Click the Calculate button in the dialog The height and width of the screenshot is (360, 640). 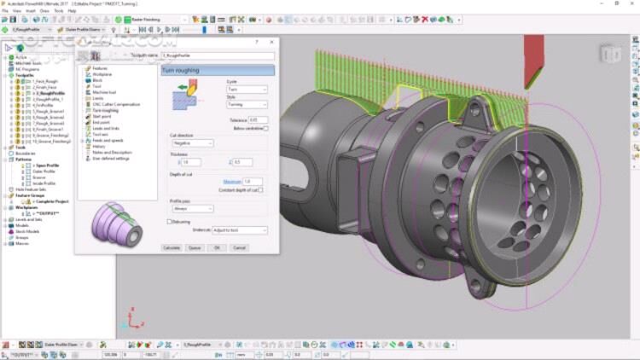pyautogui.click(x=171, y=247)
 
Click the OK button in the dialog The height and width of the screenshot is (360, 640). pyautogui.click(x=217, y=247)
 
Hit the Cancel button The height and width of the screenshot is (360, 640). pyautogui.click(x=239, y=247)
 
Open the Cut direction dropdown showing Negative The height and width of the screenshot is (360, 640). pyautogui.click(x=192, y=143)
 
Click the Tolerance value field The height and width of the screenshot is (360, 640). pyautogui.click(x=259, y=120)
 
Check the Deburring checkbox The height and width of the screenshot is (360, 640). pyautogui.click(x=169, y=221)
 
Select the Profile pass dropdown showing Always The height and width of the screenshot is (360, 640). pyautogui.click(x=192, y=208)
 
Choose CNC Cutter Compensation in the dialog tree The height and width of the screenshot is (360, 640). pyautogui.click(x=115, y=104)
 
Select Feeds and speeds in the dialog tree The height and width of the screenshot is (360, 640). pyautogui.click(x=108, y=140)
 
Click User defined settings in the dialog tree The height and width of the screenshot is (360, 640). pyautogui.click(x=111, y=158)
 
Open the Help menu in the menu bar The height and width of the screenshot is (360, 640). pyautogui.click(x=72, y=11)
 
